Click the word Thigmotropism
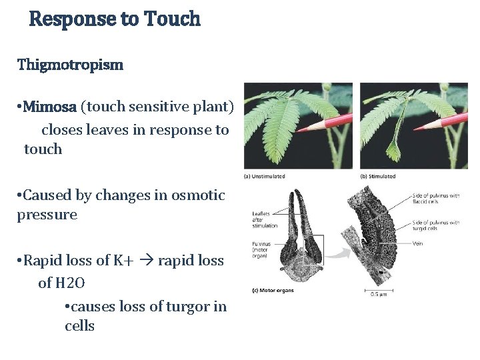(70, 65)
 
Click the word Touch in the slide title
(169, 19)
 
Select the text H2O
(70, 283)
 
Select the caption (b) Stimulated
(378, 177)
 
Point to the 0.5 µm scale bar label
(378, 294)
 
